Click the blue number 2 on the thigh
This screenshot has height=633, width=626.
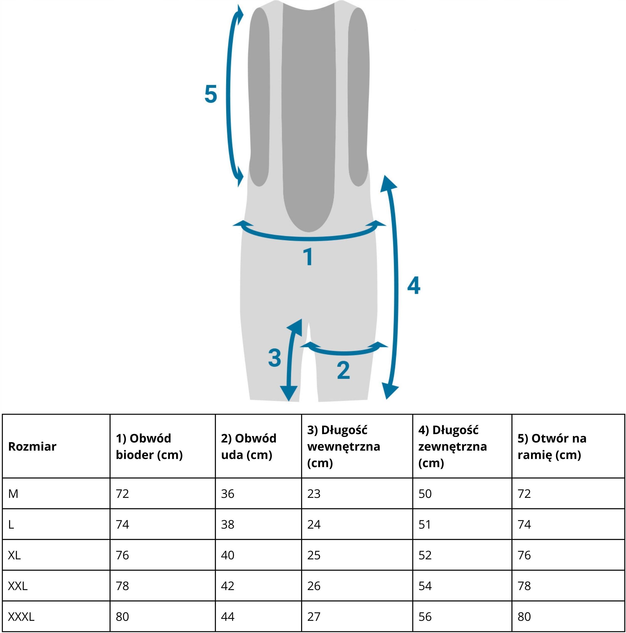343,371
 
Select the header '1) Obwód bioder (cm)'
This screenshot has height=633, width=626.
149,446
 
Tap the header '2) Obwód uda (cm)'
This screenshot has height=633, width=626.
248,446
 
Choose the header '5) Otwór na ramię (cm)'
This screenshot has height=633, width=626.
552,446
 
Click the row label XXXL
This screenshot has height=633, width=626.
21,617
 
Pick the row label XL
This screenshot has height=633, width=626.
14,555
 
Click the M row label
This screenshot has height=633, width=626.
13,494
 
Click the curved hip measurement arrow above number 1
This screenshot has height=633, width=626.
309,238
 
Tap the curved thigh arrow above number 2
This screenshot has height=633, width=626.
345,353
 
